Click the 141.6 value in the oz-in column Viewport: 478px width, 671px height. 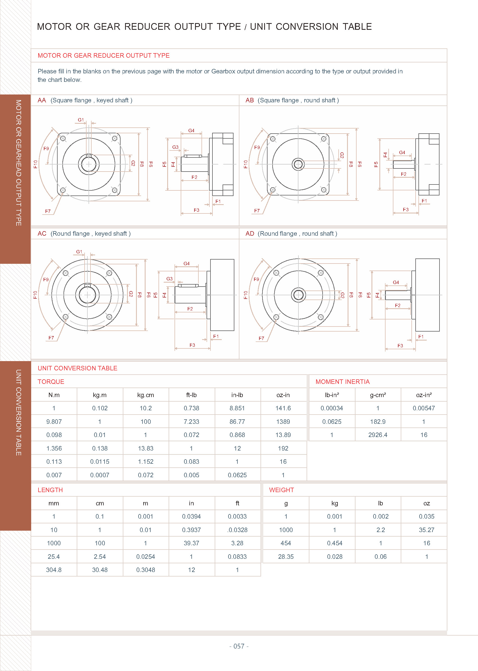(x=283, y=408)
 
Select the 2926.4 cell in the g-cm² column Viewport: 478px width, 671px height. (x=378, y=435)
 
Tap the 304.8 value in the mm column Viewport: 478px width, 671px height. (x=54, y=570)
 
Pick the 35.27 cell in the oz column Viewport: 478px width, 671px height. (x=426, y=530)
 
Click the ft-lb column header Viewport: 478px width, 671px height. (x=191, y=395)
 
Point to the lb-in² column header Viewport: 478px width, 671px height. (x=332, y=395)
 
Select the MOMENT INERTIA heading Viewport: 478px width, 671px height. (x=342, y=381)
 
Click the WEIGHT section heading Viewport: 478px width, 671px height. (x=281, y=490)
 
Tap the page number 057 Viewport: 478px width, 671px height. (x=239, y=646)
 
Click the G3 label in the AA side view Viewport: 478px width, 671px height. (x=175, y=147)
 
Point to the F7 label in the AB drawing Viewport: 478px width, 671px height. (x=257, y=211)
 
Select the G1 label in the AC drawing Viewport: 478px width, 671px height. (x=79, y=251)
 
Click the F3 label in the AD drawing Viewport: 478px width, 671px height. (x=400, y=346)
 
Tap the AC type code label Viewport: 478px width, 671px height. (x=42, y=233)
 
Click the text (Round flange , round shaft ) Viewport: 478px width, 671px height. (x=297, y=233)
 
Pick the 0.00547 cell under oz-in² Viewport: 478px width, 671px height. (x=423, y=408)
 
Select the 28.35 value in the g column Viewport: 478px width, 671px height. (x=286, y=557)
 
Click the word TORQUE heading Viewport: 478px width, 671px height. (x=51, y=381)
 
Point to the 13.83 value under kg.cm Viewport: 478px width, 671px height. (x=145, y=448)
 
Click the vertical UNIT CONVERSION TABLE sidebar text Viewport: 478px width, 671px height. (x=18, y=412)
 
